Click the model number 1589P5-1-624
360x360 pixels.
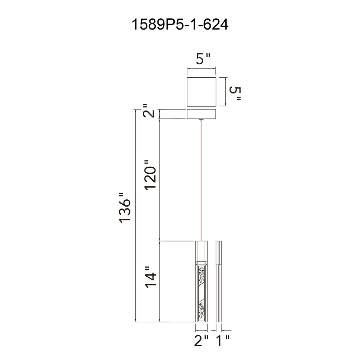click(180, 25)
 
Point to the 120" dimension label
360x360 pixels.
click(151, 176)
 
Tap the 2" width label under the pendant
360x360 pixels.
click(201, 341)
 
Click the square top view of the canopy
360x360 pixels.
click(201, 91)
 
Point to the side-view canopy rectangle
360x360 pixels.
click(201, 114)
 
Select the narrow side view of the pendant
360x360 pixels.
click(219, 281)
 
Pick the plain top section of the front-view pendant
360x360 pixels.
click(201, 250)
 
